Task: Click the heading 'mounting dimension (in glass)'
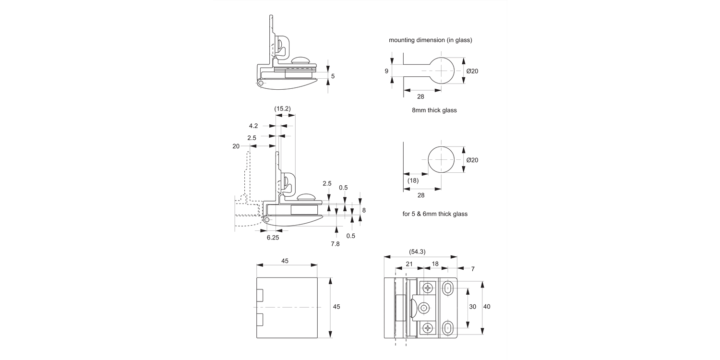coord(430,40)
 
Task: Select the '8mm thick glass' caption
coord(434,110)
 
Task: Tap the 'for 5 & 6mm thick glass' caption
coord(434,214)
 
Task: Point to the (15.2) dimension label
coord(282,109)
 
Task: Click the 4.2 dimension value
coord(253,126)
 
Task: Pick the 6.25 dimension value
coord(273,237)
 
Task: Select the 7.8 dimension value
coord(335,244)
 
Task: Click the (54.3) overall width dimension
coord(417,252)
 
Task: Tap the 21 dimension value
coord(409,264)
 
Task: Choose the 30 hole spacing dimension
coord(472,307)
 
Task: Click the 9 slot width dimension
coord(386,71)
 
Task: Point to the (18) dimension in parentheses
coord(413,180)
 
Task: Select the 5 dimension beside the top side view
coord(333,76)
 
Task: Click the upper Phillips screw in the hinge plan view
coord(428,288)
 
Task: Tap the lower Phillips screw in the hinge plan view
coord(428,328)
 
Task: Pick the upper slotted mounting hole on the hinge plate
coord(447,288)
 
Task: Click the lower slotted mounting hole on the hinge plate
coord(447,328)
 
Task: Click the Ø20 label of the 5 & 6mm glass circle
coord(472,160)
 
